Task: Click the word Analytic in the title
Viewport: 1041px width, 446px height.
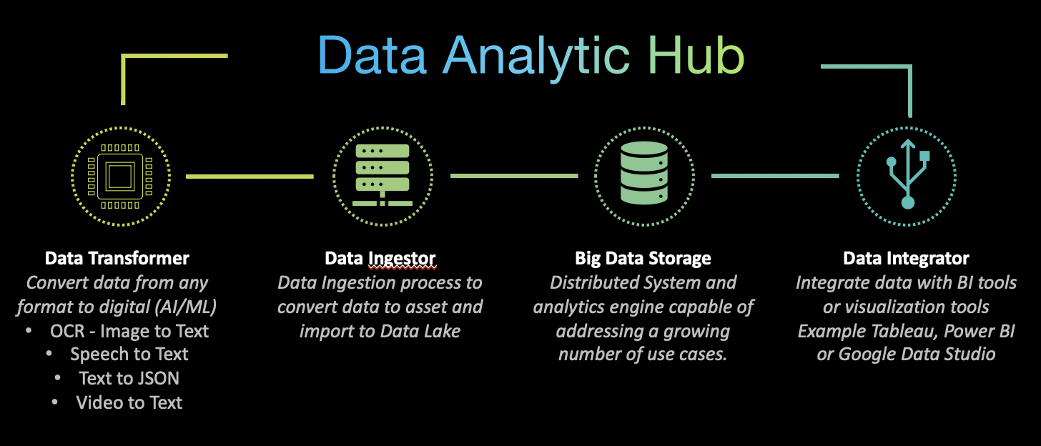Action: click(537, 56)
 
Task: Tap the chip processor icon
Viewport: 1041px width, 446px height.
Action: click(121, 175)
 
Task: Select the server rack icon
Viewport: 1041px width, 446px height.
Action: click(382, 175)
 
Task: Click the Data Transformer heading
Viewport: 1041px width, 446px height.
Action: click(117, 258)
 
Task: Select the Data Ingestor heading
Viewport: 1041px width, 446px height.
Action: click(380, 258)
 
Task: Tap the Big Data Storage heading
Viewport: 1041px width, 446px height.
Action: click(643, 258)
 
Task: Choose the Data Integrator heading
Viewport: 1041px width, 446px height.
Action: click(906, 258)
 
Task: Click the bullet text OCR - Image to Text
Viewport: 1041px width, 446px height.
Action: click(129, 331)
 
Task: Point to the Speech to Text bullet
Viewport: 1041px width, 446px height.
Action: click(129, 355)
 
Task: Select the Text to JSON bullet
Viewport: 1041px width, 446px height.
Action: click(129, 379)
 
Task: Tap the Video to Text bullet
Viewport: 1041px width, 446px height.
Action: click(129, 403)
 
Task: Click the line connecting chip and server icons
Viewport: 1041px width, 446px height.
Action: click(250, 176)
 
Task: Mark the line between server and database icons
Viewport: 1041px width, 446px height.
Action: click(513, 176)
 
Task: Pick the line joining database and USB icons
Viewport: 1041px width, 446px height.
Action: click(775, 176)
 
